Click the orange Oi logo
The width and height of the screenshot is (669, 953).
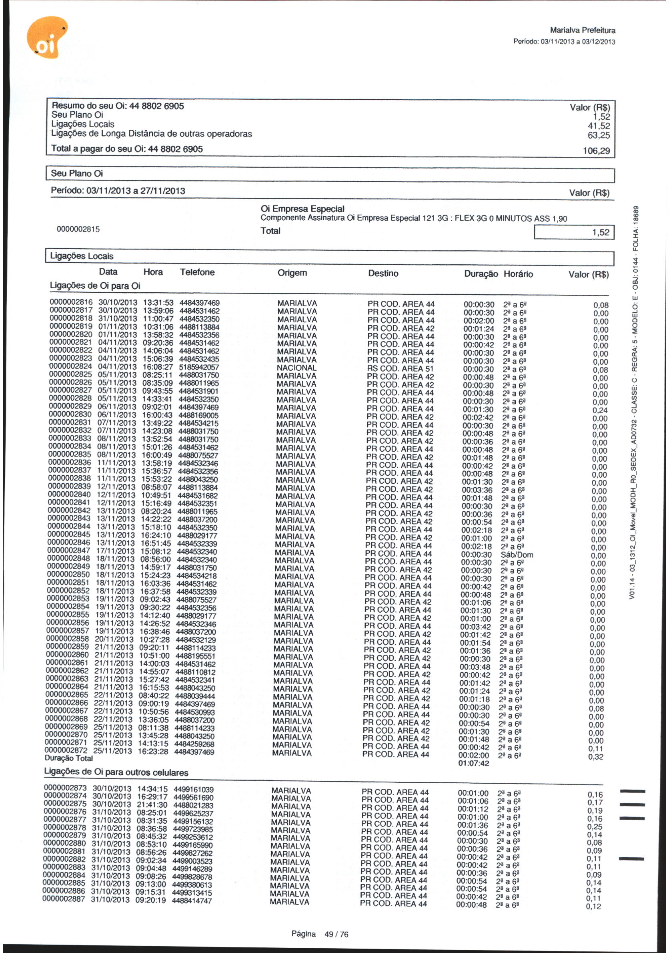pos(46,38)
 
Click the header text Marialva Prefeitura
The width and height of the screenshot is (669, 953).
pos(582,30)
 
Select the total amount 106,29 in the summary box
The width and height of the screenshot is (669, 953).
pos(596,151)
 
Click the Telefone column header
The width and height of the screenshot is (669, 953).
pos(197,272)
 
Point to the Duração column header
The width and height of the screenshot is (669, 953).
pos(481,274)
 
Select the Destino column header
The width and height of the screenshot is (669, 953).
pos(383,273)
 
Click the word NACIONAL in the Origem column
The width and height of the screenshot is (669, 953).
pos(296,368)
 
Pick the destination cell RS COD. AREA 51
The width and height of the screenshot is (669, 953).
pos(400,368)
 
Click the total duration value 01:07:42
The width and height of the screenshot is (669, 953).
pos(474,763)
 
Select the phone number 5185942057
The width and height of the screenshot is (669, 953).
pos(199,367)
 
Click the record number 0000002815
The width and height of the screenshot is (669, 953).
pos(78,229)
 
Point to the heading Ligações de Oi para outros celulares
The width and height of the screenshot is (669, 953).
pos(116,772)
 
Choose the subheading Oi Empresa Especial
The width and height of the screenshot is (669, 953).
pos(302,209)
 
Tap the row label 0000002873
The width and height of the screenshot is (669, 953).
pos(65,788)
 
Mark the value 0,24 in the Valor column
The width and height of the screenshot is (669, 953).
pos(600,410)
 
